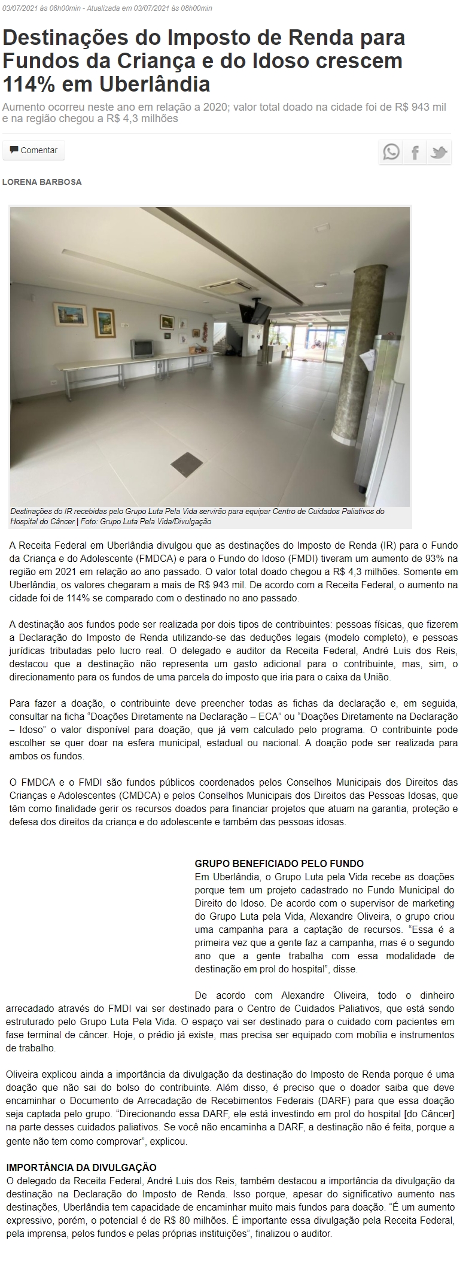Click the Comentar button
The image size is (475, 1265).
(34, 150)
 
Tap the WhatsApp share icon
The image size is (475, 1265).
(391, 152)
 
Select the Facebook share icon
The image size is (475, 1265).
(415, 152)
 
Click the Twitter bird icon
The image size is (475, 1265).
(439, 152)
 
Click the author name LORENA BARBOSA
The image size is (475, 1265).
(42, 182)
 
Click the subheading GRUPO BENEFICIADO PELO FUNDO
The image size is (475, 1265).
(279, 863)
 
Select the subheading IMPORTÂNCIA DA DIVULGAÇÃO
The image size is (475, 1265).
(81, 1167)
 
